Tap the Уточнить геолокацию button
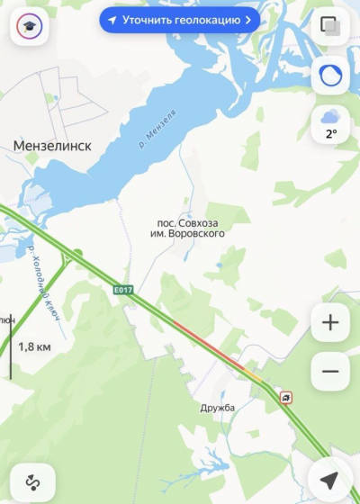click(180, 19)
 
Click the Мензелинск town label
click(52, 145)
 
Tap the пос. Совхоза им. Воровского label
click(187, 228)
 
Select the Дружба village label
click(217, 408)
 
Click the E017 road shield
click(123, 289)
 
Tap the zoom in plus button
click(330, 322)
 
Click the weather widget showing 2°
click(330, 124)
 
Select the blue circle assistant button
click(330, 76)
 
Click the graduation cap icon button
click(29, 27)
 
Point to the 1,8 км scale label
click(34, 346)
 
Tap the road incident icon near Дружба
click(285, 397)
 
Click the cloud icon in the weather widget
click(330, 116)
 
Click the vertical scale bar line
click(11, 346)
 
